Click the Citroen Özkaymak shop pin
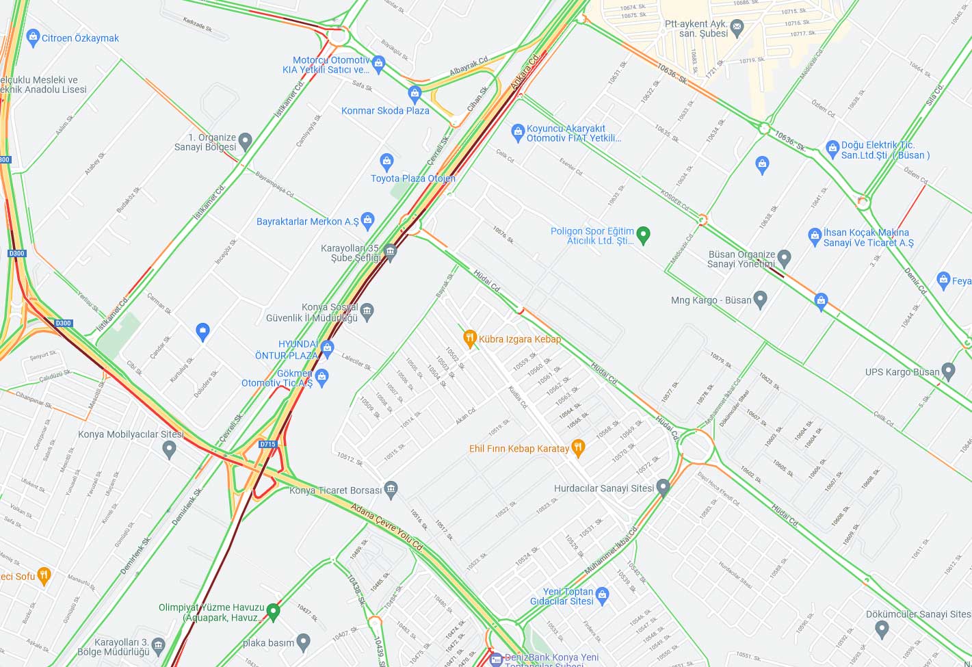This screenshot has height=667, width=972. pos(33,38)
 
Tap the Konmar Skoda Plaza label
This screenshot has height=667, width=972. pos(385,110)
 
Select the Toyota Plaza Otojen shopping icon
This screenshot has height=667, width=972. pos(386,162)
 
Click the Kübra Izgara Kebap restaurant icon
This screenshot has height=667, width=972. pos(470,337)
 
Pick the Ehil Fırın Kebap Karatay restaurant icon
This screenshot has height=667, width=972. pos(578,448)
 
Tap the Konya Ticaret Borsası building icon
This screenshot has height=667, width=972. pos(391,488)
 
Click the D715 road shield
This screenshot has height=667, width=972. pos(267,444)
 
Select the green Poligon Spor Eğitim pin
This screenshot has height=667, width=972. pos(643,235)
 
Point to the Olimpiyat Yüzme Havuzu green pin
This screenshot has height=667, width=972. pos(273,611)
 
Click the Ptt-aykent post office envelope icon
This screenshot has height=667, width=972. pos(737,28)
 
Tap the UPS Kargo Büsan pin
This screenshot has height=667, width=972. pos(947,371)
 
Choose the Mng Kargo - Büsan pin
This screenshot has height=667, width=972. pos(760,299)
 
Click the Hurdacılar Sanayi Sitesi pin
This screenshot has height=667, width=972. pos(662,487)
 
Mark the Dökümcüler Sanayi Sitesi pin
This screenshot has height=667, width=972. pos(882,627)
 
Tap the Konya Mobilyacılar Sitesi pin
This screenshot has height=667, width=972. pos(170,449)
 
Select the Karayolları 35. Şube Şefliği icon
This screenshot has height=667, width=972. pos(390,252)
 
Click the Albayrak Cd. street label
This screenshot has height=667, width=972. pos(469,66)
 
